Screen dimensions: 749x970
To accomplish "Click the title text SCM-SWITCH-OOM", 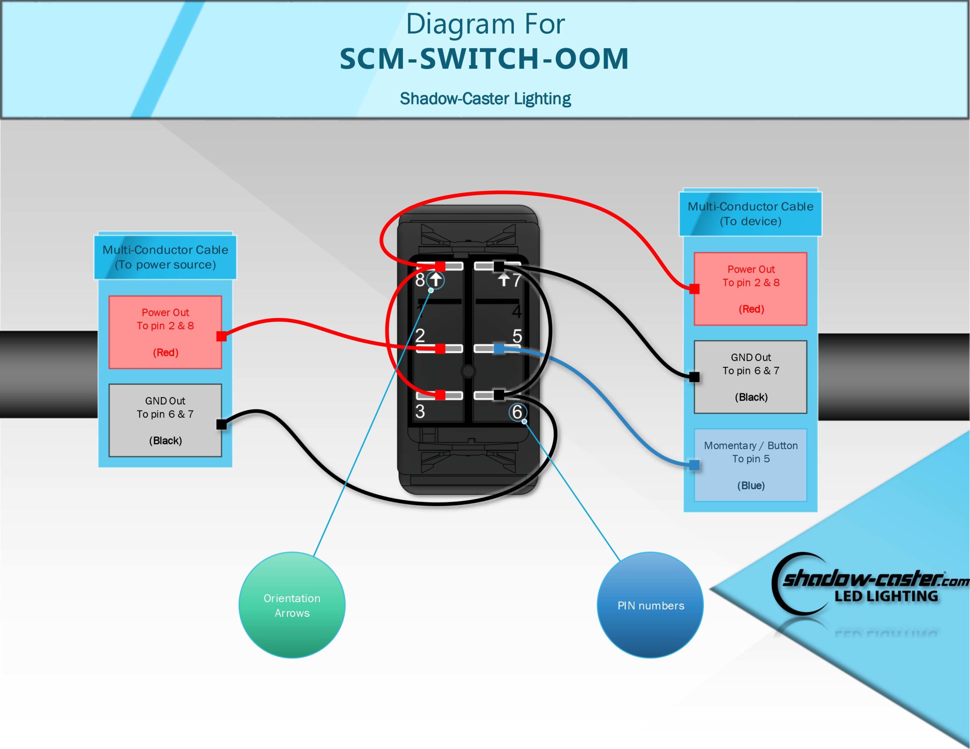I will coord(484,59).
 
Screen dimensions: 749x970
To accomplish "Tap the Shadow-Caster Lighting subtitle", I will coord(485,98).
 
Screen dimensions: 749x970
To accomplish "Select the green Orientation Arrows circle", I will coord(292,605).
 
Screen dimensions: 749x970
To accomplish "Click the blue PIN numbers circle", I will coord(650,605).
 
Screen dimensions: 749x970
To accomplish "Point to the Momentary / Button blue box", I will coord(751,465).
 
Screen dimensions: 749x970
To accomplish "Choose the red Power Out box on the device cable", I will coord(751,289).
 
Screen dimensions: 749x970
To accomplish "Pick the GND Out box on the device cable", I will coord(751,377).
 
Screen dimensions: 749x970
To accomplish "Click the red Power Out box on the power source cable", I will coord(165,332).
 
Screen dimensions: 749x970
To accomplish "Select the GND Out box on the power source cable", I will coord(165,420).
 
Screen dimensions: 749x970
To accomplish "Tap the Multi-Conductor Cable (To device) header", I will coord(750,214).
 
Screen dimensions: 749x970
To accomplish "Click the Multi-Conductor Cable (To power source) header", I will coord(165,257).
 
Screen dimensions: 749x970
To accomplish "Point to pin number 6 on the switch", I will coord(517,412).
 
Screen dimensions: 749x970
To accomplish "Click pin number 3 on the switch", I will coord(420,411).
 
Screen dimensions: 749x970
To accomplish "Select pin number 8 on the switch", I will coord(420,280).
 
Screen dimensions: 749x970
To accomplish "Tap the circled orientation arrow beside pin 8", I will coord(436,280).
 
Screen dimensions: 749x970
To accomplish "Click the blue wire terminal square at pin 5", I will coord(499,348).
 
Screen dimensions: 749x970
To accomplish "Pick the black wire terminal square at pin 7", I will coord(499,266).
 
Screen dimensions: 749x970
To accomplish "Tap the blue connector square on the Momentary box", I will coord(694,465).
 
